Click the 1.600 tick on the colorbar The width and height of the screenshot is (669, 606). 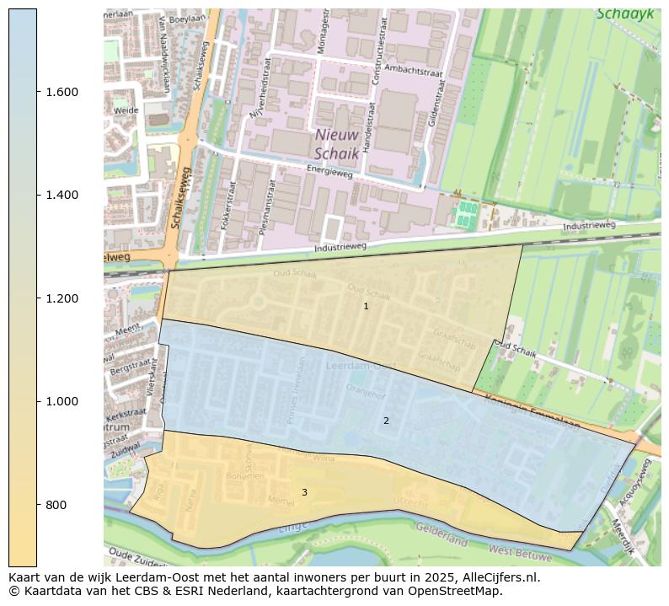pos(62,92)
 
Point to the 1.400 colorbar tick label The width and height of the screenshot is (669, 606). pos(62,195)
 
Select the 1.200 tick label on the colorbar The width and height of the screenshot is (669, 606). pos(62,298)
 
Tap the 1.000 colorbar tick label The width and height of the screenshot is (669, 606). pos(62,401)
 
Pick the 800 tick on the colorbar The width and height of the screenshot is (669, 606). pos(56,505)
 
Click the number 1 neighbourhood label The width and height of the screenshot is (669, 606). pos(366,306)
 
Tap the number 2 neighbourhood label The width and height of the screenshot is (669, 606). pos(386,421)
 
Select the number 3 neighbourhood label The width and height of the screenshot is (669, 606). pos(304,492)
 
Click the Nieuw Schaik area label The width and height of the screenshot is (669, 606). pos(337,144)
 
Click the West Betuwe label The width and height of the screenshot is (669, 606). pos(520,554)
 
